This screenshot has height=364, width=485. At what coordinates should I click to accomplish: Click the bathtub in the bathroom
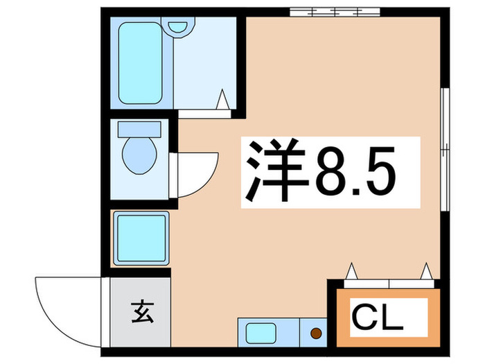[141, 64]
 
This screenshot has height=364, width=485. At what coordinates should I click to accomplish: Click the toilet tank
[139, 129]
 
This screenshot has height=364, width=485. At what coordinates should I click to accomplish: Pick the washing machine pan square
[139, 236]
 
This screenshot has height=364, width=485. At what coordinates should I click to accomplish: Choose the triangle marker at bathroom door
[223, 99]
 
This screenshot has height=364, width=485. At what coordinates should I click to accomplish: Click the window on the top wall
[337, 12]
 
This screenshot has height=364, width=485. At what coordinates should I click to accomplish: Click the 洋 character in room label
[272, 171]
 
